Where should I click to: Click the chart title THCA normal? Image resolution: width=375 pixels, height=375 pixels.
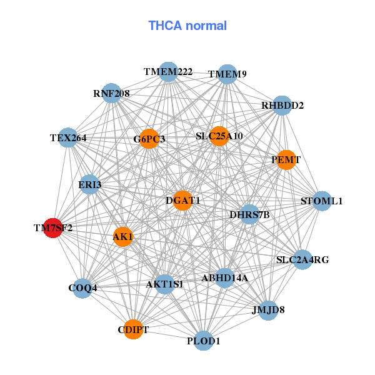187,26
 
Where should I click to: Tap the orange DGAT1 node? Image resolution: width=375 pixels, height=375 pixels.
182,201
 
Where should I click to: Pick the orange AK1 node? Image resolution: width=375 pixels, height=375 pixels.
123,237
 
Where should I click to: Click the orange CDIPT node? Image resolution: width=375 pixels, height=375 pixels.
133,329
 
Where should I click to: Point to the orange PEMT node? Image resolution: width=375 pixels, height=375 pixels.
286,160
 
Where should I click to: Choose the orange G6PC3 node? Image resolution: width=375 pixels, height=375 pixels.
150,139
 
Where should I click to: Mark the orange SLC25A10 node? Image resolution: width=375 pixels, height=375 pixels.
219,136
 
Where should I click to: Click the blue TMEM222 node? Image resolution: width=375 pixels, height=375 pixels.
168,72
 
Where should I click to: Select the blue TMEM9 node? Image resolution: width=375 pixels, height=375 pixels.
227,74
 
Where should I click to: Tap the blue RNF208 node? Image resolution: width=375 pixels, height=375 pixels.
111,93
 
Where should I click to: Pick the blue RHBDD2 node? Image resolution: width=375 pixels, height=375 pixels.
282,105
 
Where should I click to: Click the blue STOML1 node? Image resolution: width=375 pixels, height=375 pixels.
321,201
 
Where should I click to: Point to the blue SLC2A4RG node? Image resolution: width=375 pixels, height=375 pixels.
302,259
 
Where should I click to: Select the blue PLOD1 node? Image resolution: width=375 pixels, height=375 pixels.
204,341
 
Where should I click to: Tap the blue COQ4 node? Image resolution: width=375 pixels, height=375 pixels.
82,288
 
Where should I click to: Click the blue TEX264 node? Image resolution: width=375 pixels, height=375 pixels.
68,137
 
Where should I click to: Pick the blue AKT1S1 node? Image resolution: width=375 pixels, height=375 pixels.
164,284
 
